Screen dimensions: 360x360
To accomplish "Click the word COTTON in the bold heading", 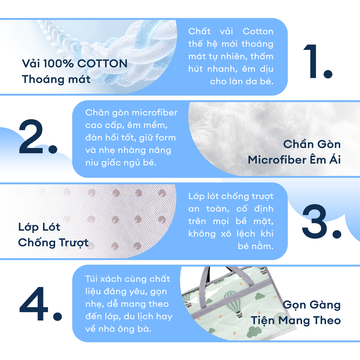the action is (102, 64).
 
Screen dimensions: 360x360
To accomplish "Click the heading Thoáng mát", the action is (56, 79).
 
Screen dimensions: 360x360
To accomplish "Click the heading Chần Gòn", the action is (312, 144).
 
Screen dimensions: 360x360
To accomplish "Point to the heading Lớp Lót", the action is (39, 227).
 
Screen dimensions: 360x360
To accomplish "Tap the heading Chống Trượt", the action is (53, 243).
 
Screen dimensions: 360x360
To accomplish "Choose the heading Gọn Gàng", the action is (311, 305).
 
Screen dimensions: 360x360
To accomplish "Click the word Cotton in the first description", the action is (258, 31).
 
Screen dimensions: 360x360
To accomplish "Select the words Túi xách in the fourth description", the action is (104, 279).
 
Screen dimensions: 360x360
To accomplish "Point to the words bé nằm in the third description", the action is (256, 246).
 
